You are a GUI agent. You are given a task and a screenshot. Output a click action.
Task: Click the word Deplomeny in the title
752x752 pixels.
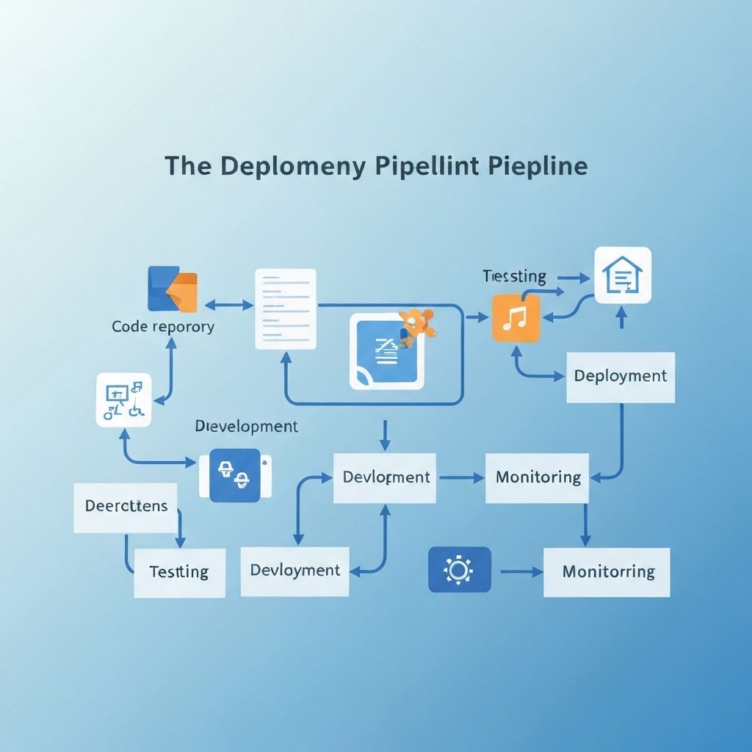coord(292,166)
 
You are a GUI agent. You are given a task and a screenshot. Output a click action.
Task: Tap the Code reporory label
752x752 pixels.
coord(163,327)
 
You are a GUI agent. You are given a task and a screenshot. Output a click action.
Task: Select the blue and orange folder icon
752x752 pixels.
coord(173,289)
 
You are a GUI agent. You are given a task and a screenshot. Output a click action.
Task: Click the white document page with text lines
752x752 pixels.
coord(286,309)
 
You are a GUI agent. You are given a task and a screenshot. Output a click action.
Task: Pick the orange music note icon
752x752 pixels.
coord(516,318)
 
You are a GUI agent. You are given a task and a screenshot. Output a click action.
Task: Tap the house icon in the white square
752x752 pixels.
coord(622,275)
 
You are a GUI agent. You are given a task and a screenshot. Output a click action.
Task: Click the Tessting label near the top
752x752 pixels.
coord(514,277)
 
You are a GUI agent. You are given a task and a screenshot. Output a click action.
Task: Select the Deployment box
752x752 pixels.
coord(621,376)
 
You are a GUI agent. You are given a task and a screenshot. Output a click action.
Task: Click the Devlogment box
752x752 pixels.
coord(386,477)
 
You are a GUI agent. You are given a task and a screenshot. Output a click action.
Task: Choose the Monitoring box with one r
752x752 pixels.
coord(538,477)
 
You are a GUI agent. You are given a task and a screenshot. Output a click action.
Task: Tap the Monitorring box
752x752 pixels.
coord(607,571)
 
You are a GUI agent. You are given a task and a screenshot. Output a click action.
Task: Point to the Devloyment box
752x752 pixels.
coord(294,571)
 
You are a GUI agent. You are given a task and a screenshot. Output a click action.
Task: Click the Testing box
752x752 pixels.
coord(179,572)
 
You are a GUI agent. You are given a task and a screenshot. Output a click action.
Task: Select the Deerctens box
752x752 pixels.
coord(126,507)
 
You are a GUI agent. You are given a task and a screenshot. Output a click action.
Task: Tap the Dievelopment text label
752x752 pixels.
coord(246,427)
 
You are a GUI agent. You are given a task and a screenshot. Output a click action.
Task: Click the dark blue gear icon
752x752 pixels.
coord(459,569)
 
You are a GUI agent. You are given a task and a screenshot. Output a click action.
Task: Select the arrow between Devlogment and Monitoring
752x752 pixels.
coord(460,477)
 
